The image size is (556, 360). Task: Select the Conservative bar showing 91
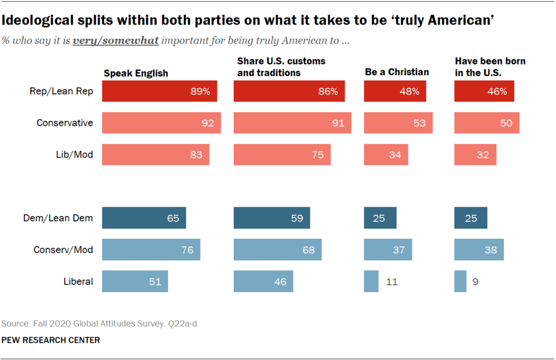pyautogui.click(x=292, y=123)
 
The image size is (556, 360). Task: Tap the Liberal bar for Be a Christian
pyautogui.click(x=371, y=282)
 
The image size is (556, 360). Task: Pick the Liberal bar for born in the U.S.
pyautogui.click(x=460, y=282)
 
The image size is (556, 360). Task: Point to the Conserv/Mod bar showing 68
pyautogui.click(x=277, y=250)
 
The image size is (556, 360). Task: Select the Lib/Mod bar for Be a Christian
pyautogui.click(x=385, y=154)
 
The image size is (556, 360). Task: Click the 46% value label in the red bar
pyautogui.click(x=496, y=91)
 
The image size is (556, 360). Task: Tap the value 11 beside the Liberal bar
pyautogui.click(x=392, y=282)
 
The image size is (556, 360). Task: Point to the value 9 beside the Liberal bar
pyautogui.click(x=475, y=282)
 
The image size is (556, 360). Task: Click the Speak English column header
pyautogui.click(x=136, y=73)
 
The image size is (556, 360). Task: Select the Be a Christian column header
pyautogui.click(x=397, y=72)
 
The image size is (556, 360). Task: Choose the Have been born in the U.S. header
pyautogui.click(x=490, y=67)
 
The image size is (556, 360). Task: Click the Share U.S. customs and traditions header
pyautogui.click(x=281, y=67)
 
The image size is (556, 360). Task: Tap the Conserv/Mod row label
pyautogui.click(x=63, y=250)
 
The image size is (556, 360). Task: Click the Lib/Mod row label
pyautogui.click(x=75, y=154)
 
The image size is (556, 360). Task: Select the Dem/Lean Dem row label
pyautogui.click(x=58, y=218)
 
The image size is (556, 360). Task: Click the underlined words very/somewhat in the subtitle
pyautogui.click(x=116, y=41)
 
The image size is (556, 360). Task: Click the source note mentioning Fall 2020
pyautogui.click(x=101, y=324)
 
